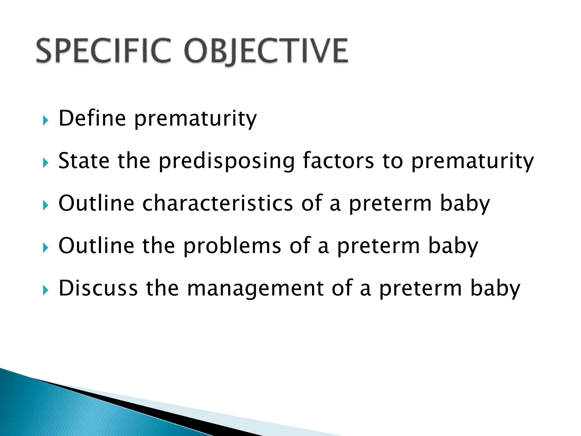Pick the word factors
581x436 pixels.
tap(338, 161)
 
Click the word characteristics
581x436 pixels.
tap(218, 203)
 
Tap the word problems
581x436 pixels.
tap(232, 246)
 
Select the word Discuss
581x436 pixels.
tap(98, 288)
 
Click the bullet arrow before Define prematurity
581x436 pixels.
tap(45, 120)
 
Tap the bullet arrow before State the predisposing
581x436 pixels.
tap(45, 163)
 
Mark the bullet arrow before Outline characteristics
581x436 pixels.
tap(45, 205)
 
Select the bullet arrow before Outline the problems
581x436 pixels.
tap(45, 248)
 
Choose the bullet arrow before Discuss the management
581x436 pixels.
tap(45, 290)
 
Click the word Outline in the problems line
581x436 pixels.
tap(96, 246)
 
